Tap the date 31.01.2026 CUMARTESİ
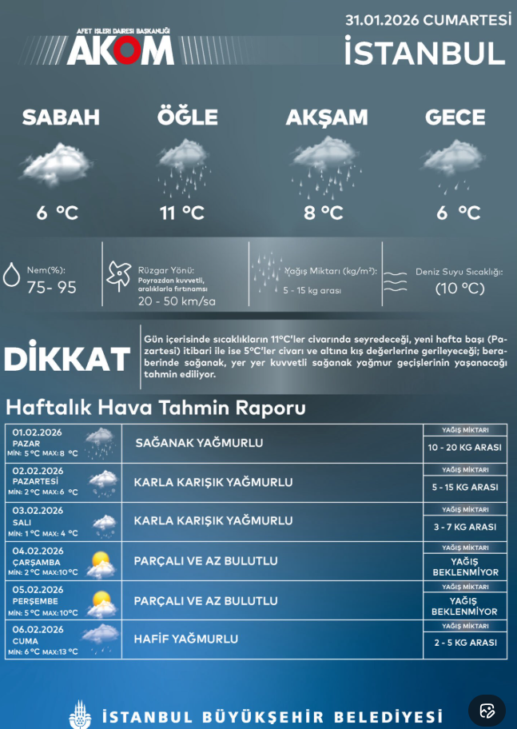[x=428, y=20]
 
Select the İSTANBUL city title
[x=425, y=53]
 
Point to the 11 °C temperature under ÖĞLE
[x=182, y=213]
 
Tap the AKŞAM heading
[x=327, y=118]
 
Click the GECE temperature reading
[x=458, y=213]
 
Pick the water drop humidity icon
[x=12, y=275]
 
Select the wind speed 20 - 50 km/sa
[x=177, y=301]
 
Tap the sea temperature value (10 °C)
[x=459, y=289]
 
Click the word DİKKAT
[x=67, y=359]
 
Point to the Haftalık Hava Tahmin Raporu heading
[x=155, y=408]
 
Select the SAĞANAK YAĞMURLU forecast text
[x=199, y=443]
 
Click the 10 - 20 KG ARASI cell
[x=465, y=448]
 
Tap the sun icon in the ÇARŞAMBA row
[x=101, y=562]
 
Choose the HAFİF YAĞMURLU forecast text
[x=185, y=639]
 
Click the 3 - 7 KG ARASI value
[x=465, y=527]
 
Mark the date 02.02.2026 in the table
[x=38, y=471]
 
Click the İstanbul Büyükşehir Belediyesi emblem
[x=80, y=713]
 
